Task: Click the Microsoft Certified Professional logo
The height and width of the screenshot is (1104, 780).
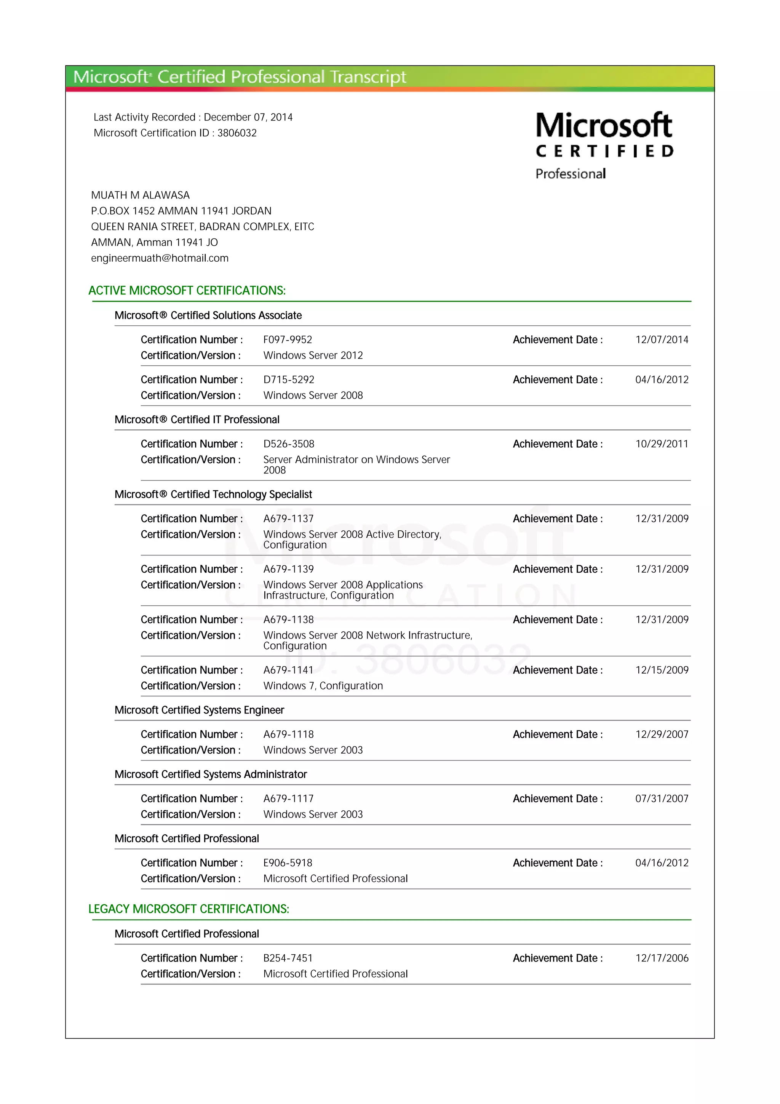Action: click(x=604, y=145)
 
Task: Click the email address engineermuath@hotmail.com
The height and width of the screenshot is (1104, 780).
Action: click(x=160, y=258)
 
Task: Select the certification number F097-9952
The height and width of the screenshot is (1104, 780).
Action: click(x=288, y=339)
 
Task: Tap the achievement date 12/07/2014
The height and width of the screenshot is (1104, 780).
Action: click(x=661, y=339)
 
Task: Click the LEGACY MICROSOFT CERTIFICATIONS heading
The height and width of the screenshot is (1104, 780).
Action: click(x=189, y=909)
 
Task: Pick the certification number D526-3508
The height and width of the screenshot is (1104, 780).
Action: click(x=288, y=444)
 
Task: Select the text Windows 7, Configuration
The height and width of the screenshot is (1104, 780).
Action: click(x=323, y=686)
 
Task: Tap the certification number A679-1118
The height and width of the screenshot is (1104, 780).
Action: click(x=288, y=734)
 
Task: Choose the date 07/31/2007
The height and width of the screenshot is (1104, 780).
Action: click(x=661, y=799)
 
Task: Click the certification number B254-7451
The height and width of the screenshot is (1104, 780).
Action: click(x=288, y=958)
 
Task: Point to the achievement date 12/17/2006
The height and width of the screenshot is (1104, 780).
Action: click(x=661, y=958)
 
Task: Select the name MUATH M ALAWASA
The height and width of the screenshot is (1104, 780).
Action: click(x=140, y=195)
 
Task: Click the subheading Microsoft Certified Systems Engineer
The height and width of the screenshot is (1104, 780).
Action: click(x=199, y=710)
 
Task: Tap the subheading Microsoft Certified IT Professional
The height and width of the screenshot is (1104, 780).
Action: click(x=197, y=420)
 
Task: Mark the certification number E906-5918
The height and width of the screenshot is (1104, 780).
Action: click(x=288, y=862)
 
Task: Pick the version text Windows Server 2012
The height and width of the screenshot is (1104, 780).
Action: click(x=313, y=355)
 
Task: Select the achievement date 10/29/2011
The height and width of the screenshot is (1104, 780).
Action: click(x=661, y=444)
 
